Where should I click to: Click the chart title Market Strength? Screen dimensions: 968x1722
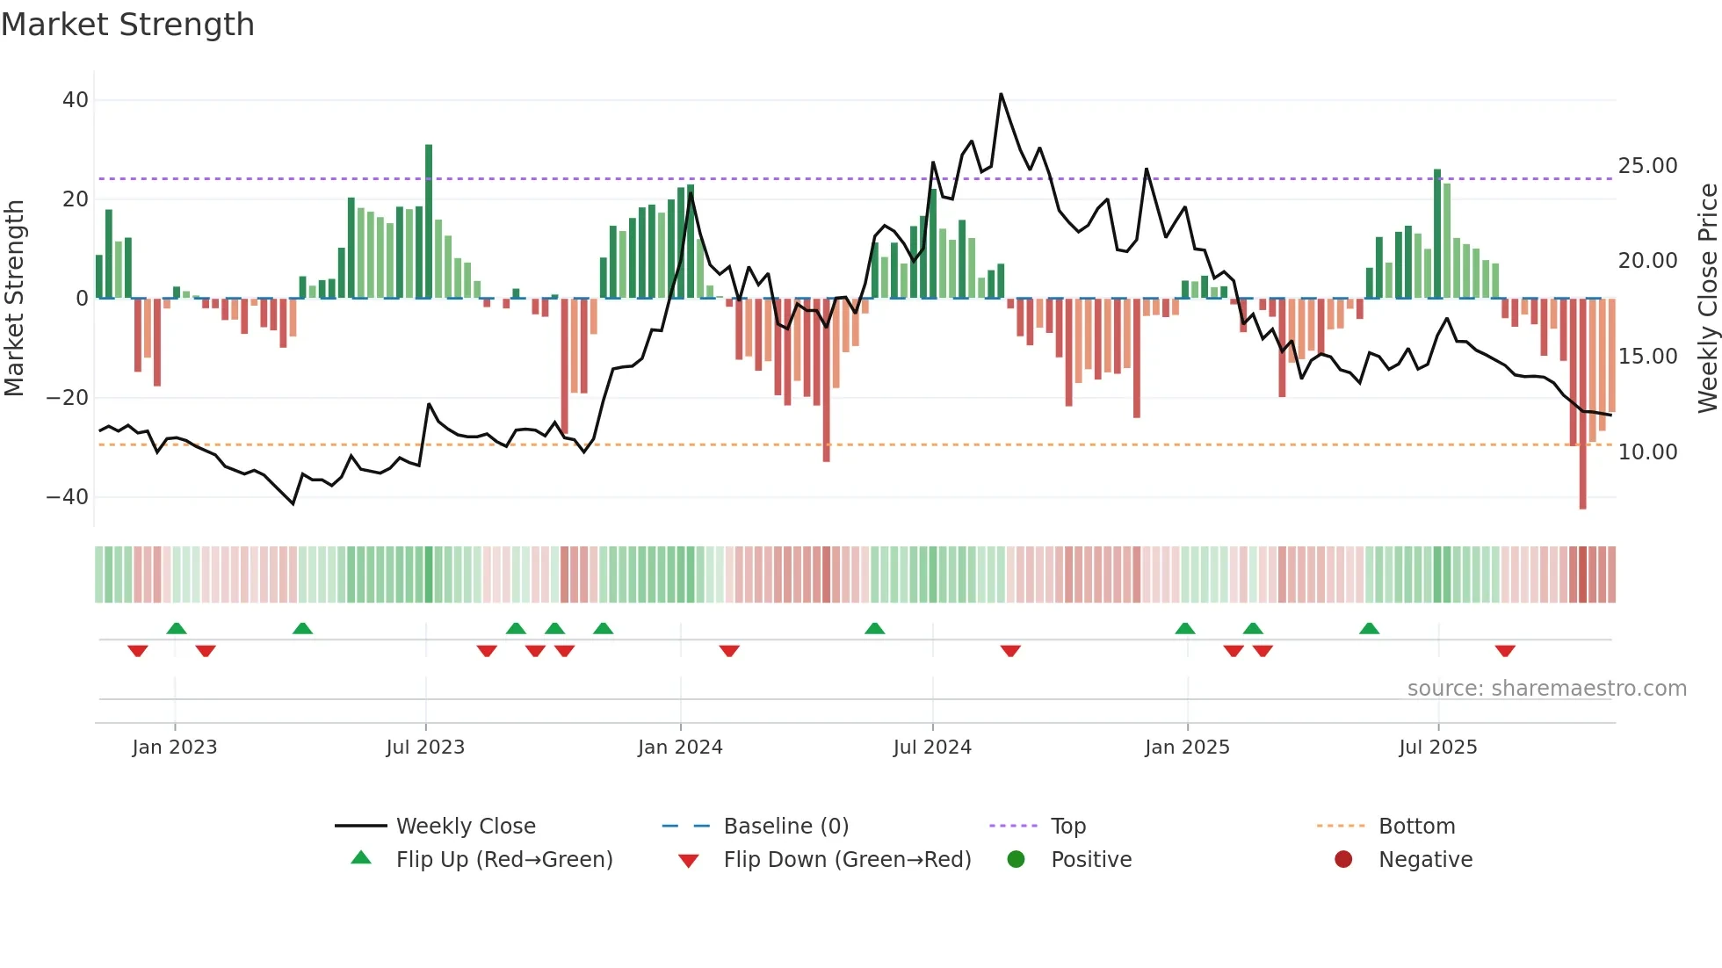tap(127, 25)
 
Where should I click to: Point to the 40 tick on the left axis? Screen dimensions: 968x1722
tap(76, 100)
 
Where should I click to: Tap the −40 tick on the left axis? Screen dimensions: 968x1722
tap(68, 497)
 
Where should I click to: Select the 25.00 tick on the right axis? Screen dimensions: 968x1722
tap(1647, 166)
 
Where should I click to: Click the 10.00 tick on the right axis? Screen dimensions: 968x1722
tap(1647, 452)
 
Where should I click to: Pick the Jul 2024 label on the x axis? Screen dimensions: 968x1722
tap(932, 748)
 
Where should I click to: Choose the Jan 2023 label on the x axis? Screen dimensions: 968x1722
tap(175, 748)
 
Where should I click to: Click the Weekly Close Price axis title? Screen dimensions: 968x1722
tap(1707, 299)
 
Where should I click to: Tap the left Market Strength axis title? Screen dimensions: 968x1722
tap(15, 299)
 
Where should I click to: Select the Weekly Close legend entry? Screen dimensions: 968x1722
tap(466, 827)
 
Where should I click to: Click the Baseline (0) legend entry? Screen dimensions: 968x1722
tap(785, 827)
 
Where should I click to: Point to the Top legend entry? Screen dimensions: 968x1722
tap(1068, 827)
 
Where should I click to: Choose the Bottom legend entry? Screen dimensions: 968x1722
tap(1416, 827)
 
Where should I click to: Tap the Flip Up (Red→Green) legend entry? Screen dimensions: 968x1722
tap(503, 860)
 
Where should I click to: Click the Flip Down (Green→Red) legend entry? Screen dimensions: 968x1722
tap(847, 860)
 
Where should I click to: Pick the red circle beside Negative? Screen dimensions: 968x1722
tap(1343, 860)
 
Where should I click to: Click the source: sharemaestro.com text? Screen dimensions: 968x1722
tap(1546, 689)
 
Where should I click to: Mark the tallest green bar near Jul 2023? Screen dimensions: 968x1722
tap(429, 220)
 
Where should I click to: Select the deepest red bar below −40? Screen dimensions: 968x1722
tap(1582, 404)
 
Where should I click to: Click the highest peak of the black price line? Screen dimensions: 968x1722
tap(1001, 95)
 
